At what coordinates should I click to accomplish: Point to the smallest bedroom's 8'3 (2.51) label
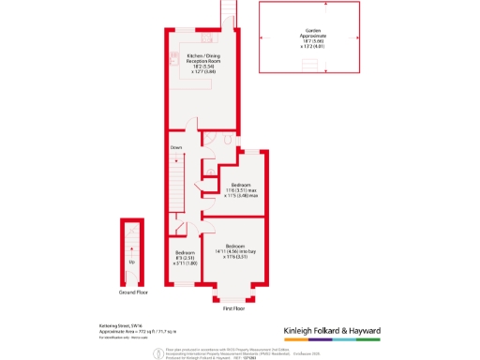pos(186,258)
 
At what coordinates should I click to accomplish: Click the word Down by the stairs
pos(176,147)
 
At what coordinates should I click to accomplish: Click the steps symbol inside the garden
pos(308,64)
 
